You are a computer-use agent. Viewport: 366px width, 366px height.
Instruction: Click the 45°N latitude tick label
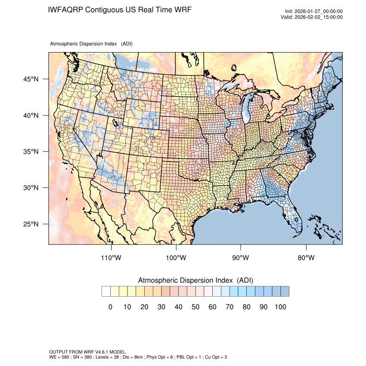click(x=31, y=79)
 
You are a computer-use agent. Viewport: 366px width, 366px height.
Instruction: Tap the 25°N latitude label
click(x=31, y=224)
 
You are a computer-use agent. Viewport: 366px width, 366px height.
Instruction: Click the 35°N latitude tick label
click(x=31, y=152)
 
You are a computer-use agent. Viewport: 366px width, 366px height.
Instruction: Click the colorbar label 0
click(x=110, y=307)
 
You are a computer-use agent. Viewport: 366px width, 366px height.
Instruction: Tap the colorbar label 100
click(x=280, y=307)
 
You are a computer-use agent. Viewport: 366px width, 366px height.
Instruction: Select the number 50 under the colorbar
click(x=195, y=307)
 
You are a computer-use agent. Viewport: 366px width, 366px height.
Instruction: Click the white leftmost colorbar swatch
click(x=106, y=292)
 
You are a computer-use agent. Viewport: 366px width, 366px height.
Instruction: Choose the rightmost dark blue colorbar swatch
click(x=285, y=292)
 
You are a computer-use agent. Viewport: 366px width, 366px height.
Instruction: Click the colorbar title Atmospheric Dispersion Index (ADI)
click(x=195, y=280)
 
